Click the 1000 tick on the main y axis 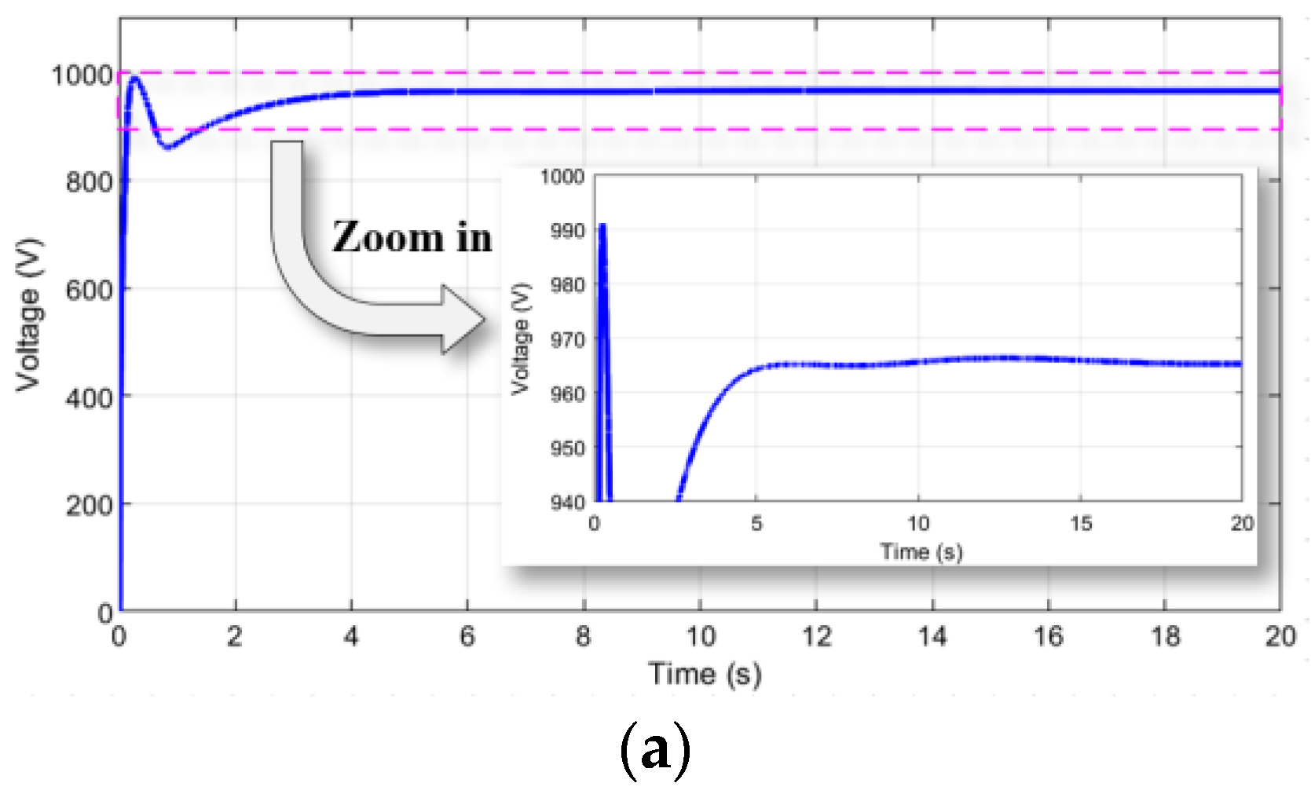click(x=82, y=75)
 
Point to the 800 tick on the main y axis click(x=89, y=182)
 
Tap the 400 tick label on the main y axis click(x=89, y=397)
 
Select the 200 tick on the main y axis click(x=89, y=505)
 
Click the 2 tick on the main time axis click(x=235, y=636)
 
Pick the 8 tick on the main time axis click(x=583, y=636)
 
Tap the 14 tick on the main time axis click(x=932, y=636)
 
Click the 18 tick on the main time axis click(x=1165, y=636)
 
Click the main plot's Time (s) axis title click(x=705, y=674)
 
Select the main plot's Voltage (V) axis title click(x=28, y=314)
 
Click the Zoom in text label click(x=412, y=237)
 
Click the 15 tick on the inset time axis click(x=1081, y=523)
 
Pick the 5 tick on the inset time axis click(x=756, y=523)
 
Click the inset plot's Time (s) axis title click(x=921, y=551)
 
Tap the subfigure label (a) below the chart click(x=655, y=751)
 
